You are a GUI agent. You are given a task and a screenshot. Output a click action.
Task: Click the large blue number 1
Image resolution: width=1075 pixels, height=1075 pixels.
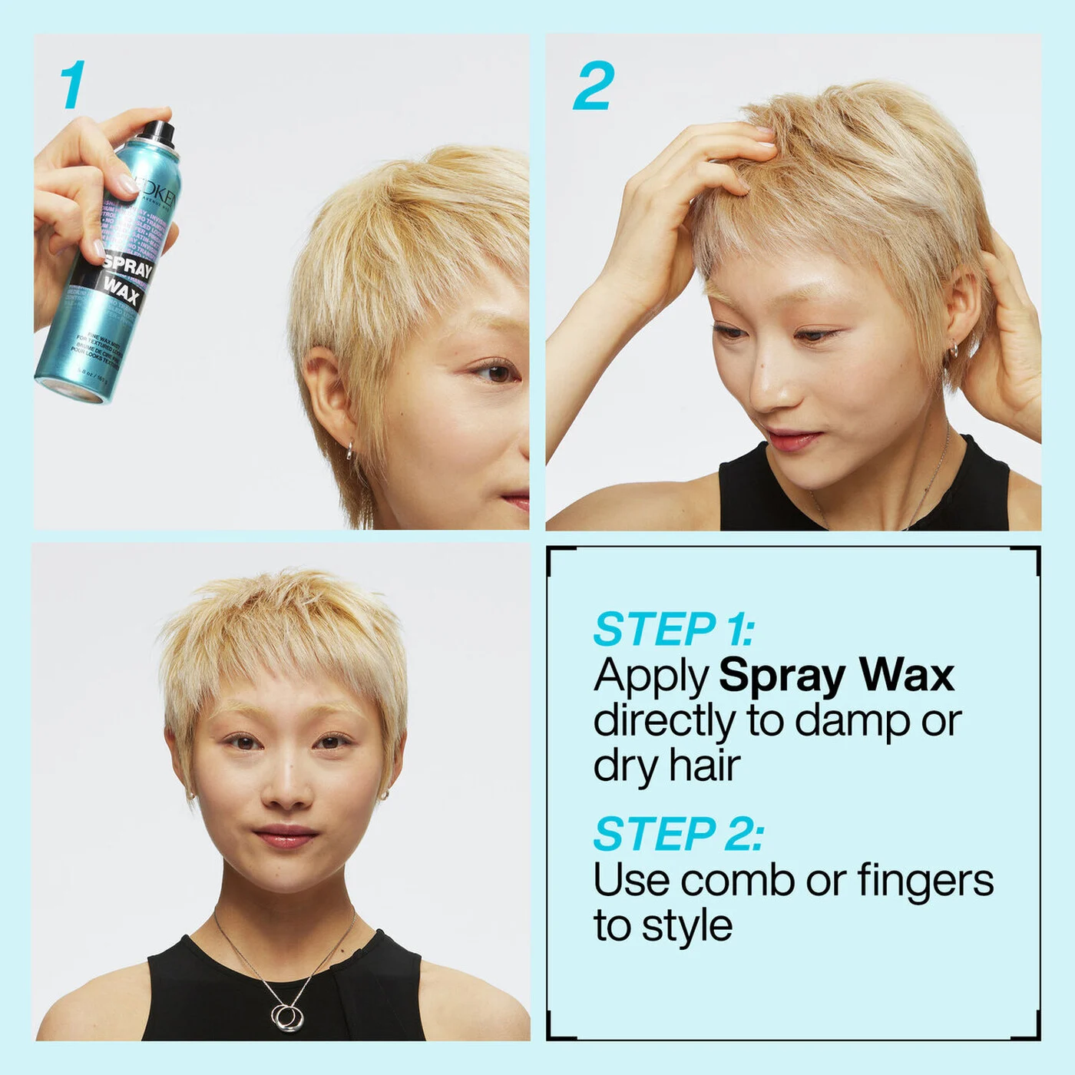coord(73,85)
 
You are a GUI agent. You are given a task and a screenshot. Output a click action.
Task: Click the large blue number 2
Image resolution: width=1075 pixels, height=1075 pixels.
coord(594,86)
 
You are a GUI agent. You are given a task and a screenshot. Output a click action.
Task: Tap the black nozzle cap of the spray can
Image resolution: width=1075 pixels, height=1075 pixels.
coord(159,132)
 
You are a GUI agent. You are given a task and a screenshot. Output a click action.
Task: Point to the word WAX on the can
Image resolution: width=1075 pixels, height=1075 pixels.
coord(121,292)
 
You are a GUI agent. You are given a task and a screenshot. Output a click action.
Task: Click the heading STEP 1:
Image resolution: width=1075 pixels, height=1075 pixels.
coord(673,630)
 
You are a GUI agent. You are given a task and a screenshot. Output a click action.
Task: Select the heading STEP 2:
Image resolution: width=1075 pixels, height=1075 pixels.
coord(678,834)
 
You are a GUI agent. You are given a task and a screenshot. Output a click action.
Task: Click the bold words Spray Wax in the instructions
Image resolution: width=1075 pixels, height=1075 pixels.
coord(836,675)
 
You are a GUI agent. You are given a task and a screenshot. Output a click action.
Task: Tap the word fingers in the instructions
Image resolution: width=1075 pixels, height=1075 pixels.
coord(925,880)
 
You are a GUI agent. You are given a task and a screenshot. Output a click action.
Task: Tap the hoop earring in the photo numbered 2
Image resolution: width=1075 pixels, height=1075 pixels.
coord(953,351)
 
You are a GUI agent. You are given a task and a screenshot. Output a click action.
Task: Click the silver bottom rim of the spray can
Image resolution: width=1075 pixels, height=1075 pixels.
coord(71,389)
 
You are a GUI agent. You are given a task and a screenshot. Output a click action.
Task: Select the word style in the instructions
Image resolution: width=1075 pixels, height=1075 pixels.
coord(686,926)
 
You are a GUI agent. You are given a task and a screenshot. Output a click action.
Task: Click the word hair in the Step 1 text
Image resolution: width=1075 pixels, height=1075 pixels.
coord(704,766)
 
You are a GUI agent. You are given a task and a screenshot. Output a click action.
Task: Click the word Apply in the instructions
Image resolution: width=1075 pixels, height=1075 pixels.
coord(651,676)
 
